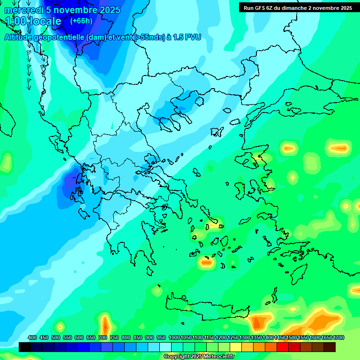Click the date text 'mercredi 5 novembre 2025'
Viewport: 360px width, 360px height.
pyautogui.click(x=62, y=10)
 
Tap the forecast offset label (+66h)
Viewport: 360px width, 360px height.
pyautogui.click(x=81, y=21)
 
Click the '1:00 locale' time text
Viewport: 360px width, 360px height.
pyautogui.click(x=33, y=21)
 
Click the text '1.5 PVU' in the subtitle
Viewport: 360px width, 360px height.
pyautogui.click(x=186, y=37)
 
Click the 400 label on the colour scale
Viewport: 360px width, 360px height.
pyautogui.click(x=32, y=337)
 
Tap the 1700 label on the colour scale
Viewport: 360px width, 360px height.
pyautogui.click(x=338, y=337)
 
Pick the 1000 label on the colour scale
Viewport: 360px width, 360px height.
pyautogui.click(x=174, y=337)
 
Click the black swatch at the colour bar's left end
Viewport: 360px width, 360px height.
pyautogui.click(x=25, y=347)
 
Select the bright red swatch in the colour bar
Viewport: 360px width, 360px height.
pyautogui.click(x=283, y=347)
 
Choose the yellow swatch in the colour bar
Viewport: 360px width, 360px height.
pyautogui.click(x=236, y=347)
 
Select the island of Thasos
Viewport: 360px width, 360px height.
pyautogui.click(x=199, y=101)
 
